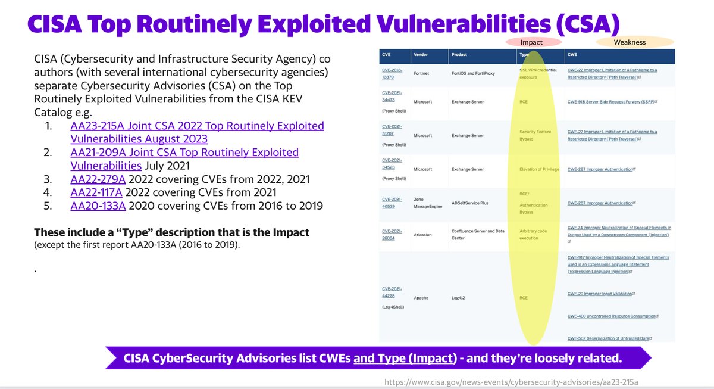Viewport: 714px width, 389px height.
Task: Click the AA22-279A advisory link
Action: [98, 179]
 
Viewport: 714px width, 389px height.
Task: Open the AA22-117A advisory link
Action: [98, 192]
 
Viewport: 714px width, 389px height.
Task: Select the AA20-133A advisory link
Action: [98, 206]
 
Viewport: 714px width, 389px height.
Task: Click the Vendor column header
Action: [420, 54]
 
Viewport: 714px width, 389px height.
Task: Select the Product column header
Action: [459, 54]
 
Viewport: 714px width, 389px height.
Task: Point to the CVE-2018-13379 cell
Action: [393, 73]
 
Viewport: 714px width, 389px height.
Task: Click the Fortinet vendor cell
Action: [421, 74]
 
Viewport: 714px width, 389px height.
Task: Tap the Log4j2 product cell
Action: [459, 297]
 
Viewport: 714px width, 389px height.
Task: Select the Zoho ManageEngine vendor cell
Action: [428, 203]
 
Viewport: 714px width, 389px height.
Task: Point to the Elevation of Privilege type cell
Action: [539, 169]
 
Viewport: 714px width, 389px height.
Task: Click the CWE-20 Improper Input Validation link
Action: [600, 294]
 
